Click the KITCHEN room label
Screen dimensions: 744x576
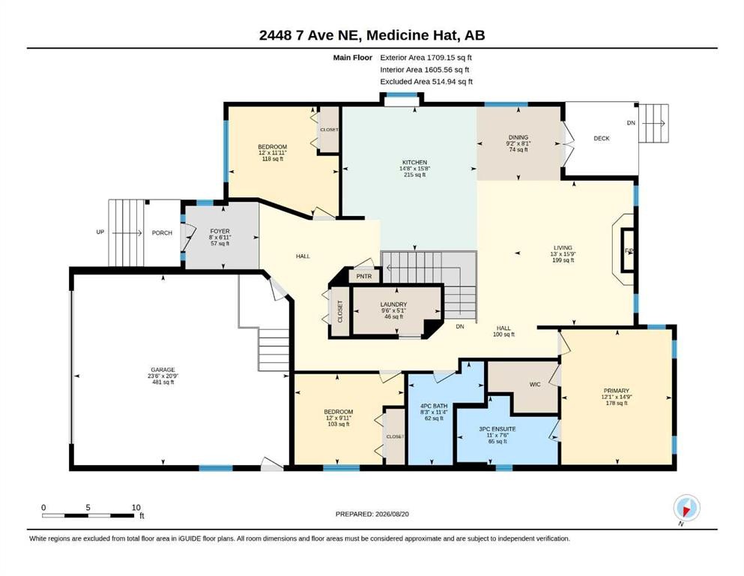pyautogui.click(x=414, y=163)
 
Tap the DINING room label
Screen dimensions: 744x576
pyautogui.click(x=518, y=137)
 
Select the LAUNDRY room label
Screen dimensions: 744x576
pyautogui.click(x=393, y=304)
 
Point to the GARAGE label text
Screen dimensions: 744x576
pyautogui.click(x=163, y=370)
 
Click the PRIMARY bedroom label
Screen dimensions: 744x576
pyautogui.click(x=617, y=391)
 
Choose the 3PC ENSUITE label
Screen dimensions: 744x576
pyautogui.click(x=497, y=429)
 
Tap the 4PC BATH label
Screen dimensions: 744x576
pyautogui.click(x=434, y=406)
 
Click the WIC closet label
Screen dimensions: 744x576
pyautogui.click(x=535, y=384)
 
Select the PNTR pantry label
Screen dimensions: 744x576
pyautogui.click(x=364, y=276)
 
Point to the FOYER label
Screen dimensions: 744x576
pyautogui.click(x=220, y=231)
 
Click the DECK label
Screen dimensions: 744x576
pyautogui.click(x=601, y=138)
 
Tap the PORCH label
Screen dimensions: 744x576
pyautogui.click(x=162, y=232)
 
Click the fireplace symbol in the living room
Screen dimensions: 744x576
pyautogui.click(x=628, y=250)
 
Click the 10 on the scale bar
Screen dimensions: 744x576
pyautogui.click(x=136, y=507)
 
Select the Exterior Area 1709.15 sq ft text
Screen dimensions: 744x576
pyautogui.click(x=426, y=58)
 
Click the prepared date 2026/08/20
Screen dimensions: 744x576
pyautogui.click(x=392, y=514)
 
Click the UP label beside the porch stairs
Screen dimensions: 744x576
pyautogui.click(x=100, y=232)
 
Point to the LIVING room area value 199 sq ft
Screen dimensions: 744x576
pyautogui.click(x=563, y=260)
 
